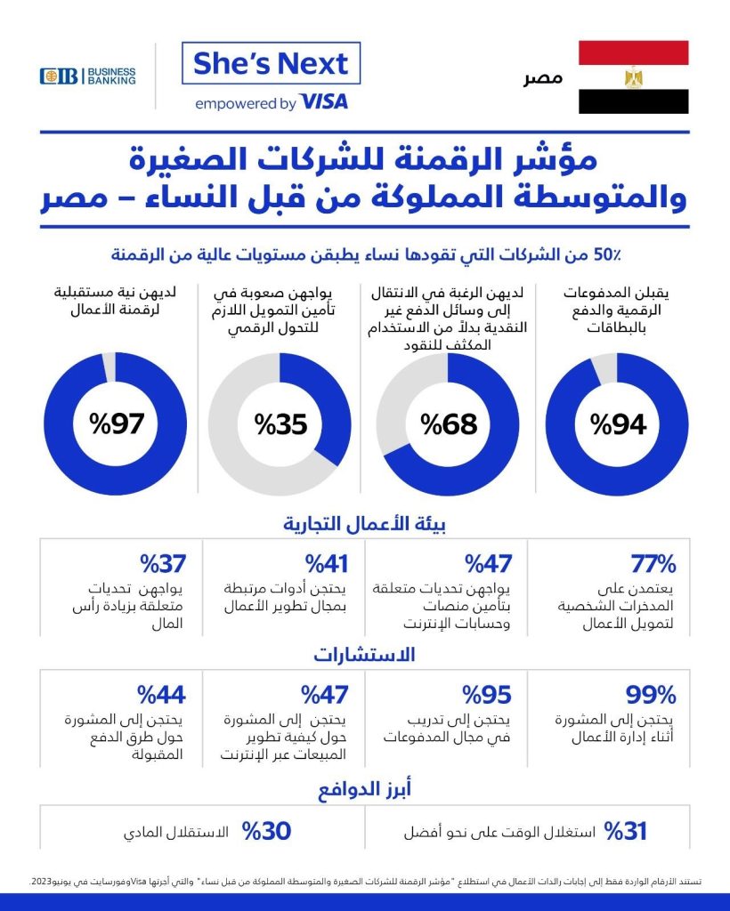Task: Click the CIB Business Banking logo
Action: point(87,76)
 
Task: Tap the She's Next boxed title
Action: point(271,64)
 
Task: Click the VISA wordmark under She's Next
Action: point(324,102)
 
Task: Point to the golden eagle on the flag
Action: point(633,77)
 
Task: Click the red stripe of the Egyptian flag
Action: point(633,52)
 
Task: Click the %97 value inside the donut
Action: point(116,424)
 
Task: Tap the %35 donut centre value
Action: point(280,424)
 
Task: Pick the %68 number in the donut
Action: point(450,424)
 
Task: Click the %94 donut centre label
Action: point(617,424)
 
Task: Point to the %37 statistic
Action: point(161,563)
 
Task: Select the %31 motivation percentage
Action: point(625,832)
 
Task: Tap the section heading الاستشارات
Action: point(364,656)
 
